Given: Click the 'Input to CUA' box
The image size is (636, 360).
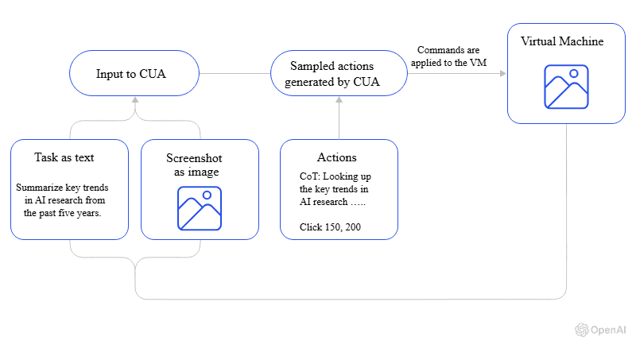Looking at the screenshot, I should [134, 75].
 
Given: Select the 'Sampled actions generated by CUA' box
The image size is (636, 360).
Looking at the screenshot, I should [339, 75].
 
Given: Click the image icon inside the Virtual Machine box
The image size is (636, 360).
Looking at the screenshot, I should [565, 86].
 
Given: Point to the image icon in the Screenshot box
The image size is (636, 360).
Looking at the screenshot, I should [200, 208].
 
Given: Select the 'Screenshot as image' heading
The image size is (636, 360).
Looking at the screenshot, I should [200, 164].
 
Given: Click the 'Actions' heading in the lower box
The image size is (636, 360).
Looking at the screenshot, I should [336, 157].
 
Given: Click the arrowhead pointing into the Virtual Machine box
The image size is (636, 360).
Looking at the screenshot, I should [502, 75].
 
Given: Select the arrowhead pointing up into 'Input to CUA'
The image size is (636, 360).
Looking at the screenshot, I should [134, 101].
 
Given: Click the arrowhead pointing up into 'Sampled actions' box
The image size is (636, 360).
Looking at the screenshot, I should [339, 101].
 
